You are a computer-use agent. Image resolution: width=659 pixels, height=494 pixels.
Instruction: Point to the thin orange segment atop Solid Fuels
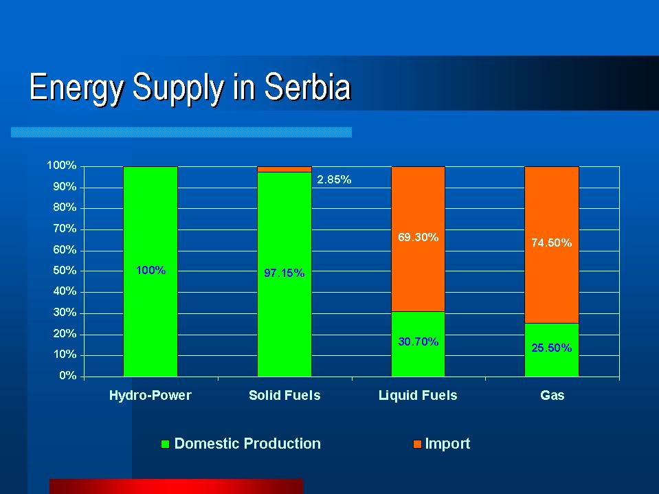pos(284,169)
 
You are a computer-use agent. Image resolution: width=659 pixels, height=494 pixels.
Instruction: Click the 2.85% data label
pos(334,180)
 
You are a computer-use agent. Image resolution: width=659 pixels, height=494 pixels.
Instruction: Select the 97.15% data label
pos(284,273)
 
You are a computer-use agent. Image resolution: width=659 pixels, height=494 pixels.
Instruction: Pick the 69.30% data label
pos(418,238)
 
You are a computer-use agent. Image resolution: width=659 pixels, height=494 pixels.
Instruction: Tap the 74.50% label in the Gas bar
pos(551,243)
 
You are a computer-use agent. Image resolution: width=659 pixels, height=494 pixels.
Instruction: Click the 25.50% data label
pos(551,348)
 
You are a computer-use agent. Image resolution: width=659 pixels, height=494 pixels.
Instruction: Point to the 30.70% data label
pos(418,341)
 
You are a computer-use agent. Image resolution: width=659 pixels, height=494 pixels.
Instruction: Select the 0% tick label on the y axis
pos(67,376)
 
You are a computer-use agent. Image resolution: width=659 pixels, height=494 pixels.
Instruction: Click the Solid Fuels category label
pos(284,396)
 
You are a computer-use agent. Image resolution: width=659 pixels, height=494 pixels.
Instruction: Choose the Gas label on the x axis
pos(552,396)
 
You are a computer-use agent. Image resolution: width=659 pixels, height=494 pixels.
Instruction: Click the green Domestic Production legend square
pos(165,445)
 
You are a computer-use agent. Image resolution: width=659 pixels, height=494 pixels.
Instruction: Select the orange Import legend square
pos(416,445)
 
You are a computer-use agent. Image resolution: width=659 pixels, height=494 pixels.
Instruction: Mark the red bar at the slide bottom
pos(176,486)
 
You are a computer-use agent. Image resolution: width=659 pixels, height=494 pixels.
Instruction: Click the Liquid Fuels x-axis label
pos(418,396)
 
